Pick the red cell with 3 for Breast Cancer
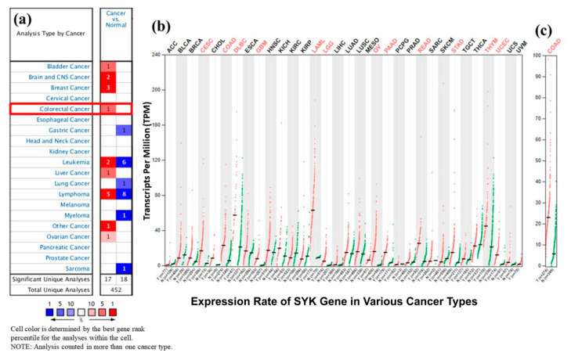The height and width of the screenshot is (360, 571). [x=109, y=88]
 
